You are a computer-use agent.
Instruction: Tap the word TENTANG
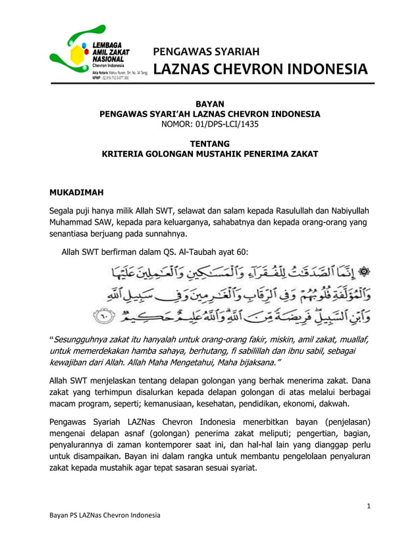(x=209, y=144)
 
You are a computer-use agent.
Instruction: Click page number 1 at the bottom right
(x=370, y=506)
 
